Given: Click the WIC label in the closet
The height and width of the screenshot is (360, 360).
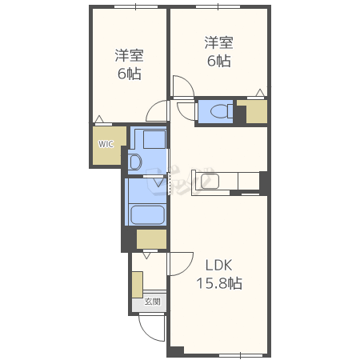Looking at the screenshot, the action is (x=106, y=144).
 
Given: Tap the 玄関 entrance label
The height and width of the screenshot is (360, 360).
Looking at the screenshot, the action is (x=153, y=302).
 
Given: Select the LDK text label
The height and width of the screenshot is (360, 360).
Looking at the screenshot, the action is (x=218, y=266).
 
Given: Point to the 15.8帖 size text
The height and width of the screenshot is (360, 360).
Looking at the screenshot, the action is (x=219, y=283).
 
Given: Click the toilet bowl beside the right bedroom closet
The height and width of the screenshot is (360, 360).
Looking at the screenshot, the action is (x=222, y=111).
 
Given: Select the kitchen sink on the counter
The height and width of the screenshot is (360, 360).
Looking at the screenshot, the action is (x=210, y=181).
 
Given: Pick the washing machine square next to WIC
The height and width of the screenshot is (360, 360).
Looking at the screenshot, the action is (x=154, y=139).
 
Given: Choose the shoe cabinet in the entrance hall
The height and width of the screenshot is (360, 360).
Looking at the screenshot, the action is (x=138, y=285).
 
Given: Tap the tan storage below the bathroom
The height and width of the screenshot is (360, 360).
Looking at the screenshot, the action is (x=151, y=239).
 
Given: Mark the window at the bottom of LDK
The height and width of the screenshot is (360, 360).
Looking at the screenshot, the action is (x=241, y=355).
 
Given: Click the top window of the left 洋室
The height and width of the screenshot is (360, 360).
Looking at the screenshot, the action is (x=136, y=6).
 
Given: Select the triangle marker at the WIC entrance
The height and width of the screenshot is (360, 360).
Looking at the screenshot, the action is (x=99, y=119).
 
